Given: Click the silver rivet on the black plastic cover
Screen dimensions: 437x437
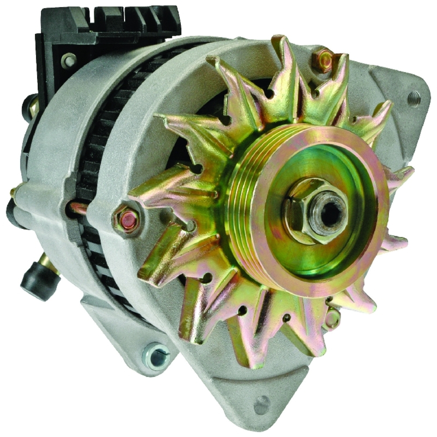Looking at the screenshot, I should tap(68, 60).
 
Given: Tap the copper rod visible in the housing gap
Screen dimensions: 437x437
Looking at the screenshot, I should tap(79, 209).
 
